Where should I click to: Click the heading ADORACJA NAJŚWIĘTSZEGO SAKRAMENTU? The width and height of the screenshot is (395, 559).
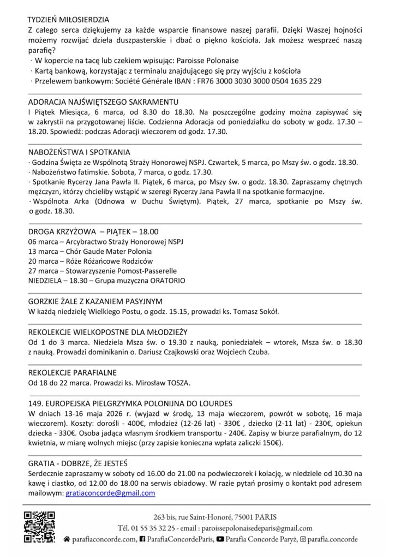point(102,102)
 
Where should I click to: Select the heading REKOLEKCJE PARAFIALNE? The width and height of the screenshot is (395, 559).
point(71,372)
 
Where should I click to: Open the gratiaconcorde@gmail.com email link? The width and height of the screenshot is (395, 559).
point(110,492)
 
